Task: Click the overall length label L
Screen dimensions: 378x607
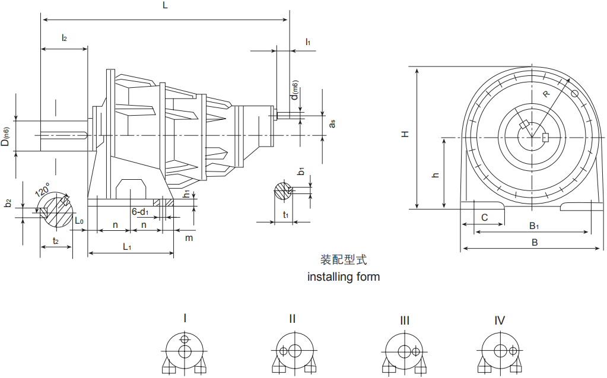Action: pos(165,5)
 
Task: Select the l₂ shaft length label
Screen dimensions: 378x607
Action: pos(64,37)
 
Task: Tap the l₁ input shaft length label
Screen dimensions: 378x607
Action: pos(308,42)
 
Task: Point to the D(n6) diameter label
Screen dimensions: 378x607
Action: pos(5,136)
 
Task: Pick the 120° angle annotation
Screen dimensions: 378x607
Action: pos(42,191)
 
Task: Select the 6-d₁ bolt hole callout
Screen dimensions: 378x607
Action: pos(140,211)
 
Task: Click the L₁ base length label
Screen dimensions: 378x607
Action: pos(128,246)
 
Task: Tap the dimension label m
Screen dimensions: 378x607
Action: pos(189,237)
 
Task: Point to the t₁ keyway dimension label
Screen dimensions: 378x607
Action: pos(286,215)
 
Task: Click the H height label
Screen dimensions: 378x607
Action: pos(405,135)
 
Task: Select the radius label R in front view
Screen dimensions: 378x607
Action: pos(546,94)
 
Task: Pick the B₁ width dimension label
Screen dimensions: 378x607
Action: pos(534,225)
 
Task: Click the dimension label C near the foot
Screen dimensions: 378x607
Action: pos(484,218)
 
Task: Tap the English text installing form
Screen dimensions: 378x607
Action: pos(343,277)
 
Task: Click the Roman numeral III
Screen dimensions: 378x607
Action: pos(404,321)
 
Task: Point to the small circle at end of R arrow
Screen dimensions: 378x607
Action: pos(574,93)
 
